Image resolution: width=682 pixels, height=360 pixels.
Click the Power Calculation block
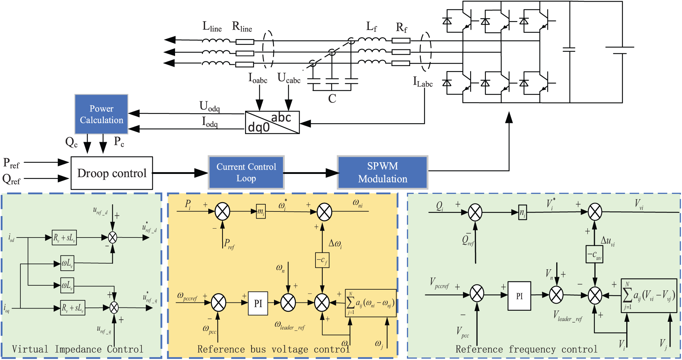coord(101,114)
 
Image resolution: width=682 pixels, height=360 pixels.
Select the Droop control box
coord(112,173)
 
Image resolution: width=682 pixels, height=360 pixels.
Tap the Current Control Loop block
coord(246,172)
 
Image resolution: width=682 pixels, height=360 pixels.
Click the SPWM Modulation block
coord(383,172)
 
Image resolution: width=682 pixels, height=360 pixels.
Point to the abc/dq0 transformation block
coord(272,122)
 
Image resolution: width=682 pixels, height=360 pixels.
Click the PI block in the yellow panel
coord(258,304)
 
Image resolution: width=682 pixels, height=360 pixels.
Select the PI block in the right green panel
coord(519,296)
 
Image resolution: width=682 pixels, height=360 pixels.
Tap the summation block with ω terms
coord(371,303)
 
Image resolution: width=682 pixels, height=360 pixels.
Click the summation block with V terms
coord(649,296)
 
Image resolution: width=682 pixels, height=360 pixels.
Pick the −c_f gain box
coord(322,260)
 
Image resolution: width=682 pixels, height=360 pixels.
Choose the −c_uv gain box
coord(594,254)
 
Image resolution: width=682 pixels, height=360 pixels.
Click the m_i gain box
coord(261,211)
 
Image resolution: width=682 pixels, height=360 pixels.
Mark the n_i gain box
coord(522,213)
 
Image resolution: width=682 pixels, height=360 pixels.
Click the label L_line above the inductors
coord(212,27)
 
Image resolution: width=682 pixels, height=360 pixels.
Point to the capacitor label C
coord(332,99)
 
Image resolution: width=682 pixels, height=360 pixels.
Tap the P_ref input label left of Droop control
coord(11,163)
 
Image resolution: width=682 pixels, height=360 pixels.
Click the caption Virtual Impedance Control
coord(78,349)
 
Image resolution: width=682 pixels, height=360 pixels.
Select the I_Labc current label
coord(423,82)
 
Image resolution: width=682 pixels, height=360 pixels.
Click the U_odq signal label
coord(210,106)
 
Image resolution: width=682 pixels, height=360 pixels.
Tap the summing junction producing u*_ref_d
coord(113,237)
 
